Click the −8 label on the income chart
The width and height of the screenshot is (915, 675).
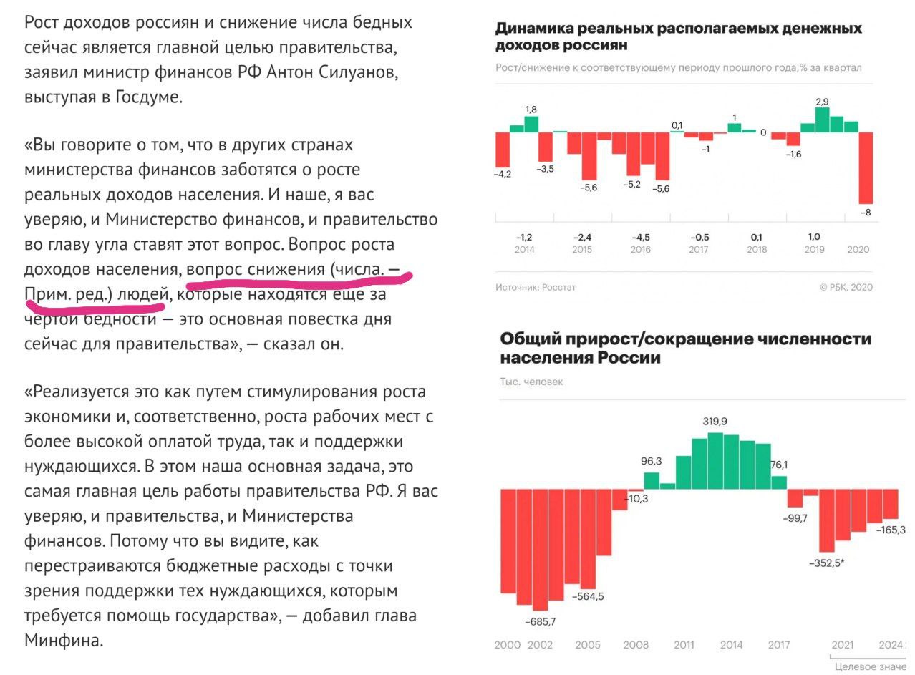pos(865,213)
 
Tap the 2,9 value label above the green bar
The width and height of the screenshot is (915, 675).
pos(822,102)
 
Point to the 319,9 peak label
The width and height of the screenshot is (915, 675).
pos(715,422)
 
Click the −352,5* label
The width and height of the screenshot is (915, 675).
pos(827,563)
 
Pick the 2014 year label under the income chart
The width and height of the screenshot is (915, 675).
pos(524,250)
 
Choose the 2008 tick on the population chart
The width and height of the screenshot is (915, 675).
pos(636,645)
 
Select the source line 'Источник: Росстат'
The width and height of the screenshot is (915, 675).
pos(536,287)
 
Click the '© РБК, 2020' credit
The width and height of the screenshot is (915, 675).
pos(846,287)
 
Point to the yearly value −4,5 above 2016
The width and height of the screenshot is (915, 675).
pos(641,237)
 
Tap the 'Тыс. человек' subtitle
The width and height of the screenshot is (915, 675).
pos(531,382)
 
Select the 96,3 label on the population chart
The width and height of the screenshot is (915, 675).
pos(651,462)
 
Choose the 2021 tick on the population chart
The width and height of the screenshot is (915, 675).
pos(843,645)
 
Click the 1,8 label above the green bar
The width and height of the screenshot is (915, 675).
pos(531,109)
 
